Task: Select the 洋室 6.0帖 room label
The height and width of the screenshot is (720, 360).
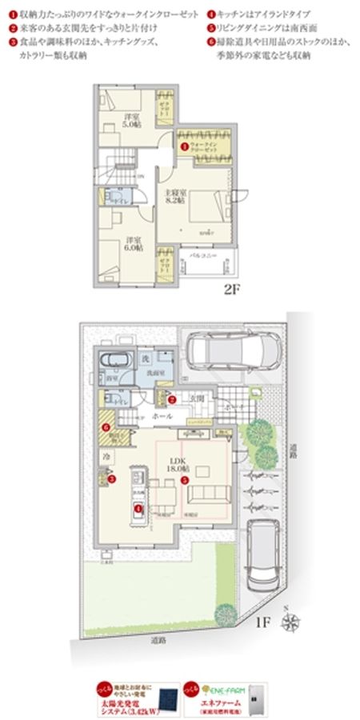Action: (133, 244)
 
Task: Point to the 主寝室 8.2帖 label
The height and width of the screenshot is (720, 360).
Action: (175, 197)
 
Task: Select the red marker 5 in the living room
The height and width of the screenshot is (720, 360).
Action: (184, 480)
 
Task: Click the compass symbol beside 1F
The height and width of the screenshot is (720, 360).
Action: (292, 618)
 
